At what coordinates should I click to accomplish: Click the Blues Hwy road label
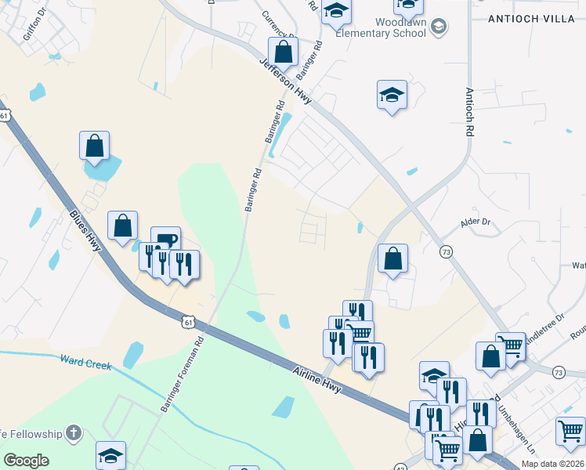tap(85, 230)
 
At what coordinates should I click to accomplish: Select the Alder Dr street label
tap(475, 222)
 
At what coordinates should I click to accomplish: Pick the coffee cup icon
tap(166, 240)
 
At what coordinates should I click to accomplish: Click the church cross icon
tap(73, 432)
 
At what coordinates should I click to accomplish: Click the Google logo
tap(27, 461)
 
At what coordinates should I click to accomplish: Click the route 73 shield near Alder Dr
tap(446, 251)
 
